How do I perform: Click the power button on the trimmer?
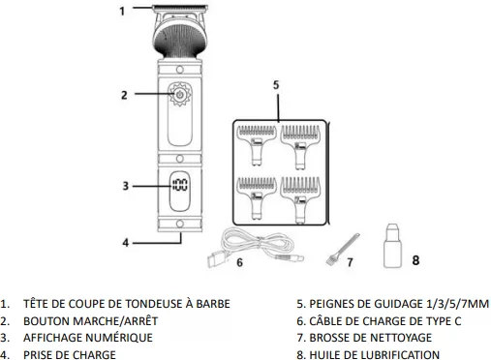click(179, 94)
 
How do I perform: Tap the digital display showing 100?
click(179, 186)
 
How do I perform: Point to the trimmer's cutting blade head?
click(180, 7)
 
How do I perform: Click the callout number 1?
click(122, 12)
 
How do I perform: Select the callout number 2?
click(124, 95)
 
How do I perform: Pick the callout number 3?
click(126, 186)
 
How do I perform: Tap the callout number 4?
click(126, 243)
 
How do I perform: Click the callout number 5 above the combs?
click(276, 85)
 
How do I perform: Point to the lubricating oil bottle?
click(393, 246)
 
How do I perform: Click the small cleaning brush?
click(343, 250)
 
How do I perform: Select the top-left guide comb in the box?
click(257, 145)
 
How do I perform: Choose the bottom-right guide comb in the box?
click(300, 200)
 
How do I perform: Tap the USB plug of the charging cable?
click(216, 260)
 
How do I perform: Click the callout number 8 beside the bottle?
click(415, 260)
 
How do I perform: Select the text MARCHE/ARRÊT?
click(115, 321)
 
